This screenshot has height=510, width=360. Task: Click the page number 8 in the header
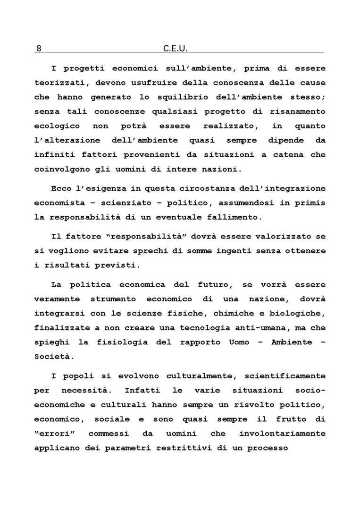tap(39, 48)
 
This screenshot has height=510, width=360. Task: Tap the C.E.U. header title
tap(176, 48)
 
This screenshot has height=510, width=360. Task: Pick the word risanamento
tap(296, 111)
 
